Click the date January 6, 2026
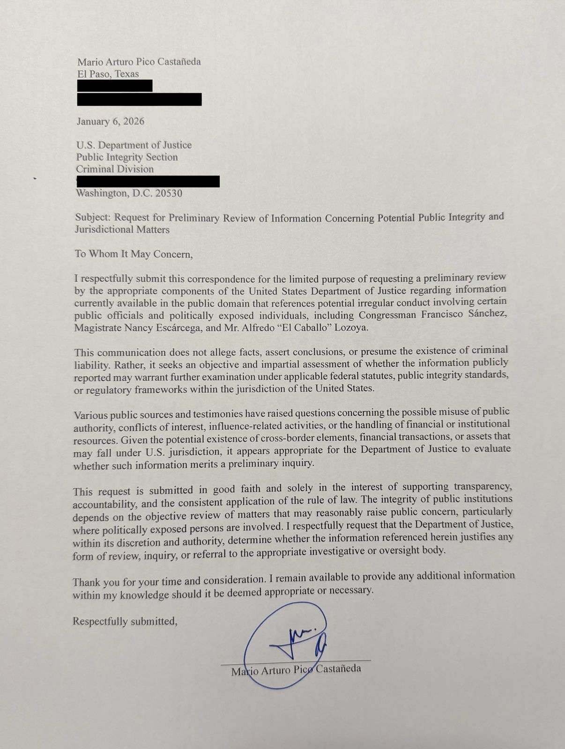tap(111, 122)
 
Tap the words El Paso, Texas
tap(108, 74)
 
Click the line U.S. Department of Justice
tap(134, 145)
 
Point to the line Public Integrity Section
tap(127, 157)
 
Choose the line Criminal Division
tap(115, 169)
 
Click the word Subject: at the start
tap(93, 218)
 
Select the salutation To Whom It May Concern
tap(134, 254)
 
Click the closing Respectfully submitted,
tap(125, 621)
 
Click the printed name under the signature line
tap(296, 670)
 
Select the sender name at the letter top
tap(139, 62)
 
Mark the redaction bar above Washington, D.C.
tap(148, 182)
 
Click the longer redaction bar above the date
tap(139, 99)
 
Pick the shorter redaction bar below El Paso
tap(115, 86)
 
